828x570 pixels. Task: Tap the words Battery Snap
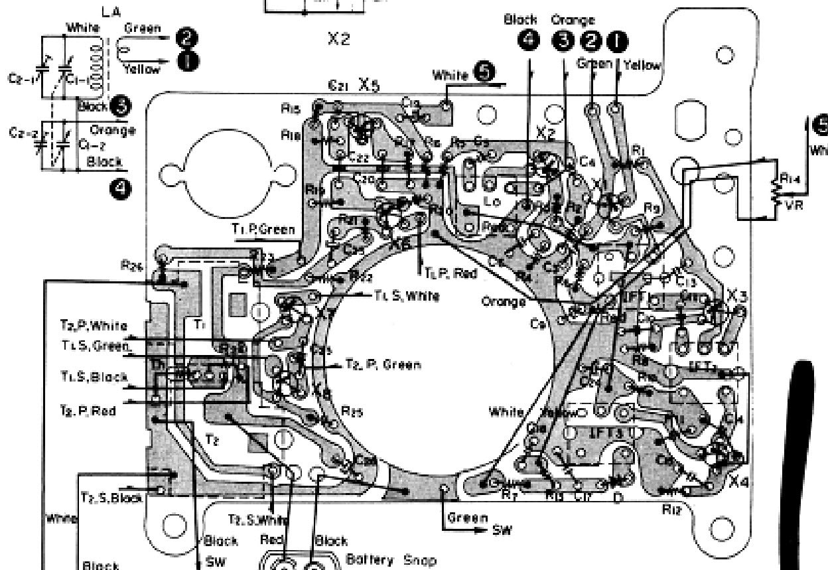point(391,560)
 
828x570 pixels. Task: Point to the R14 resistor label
point(791,178)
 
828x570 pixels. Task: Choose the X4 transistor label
point(738,482)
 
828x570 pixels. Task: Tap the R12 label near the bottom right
point(673,510)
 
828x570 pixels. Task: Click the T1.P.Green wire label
point(263,229)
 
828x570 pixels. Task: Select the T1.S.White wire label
point(407,296)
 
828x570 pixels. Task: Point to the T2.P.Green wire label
point(383,364)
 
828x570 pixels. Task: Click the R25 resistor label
point(352,411)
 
